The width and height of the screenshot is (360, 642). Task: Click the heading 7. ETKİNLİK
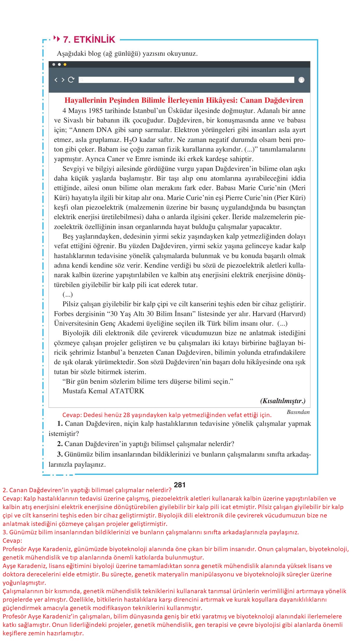pos(89,39)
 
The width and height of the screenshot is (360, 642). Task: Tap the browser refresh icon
pos(71,80)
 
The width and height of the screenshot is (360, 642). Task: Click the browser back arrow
pos(56,80)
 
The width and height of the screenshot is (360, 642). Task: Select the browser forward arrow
pos(63,80)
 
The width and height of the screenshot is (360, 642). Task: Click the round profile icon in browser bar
pos(301,80)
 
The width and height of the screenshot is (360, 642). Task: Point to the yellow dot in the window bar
pos(65,64)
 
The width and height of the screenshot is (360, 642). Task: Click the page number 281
pos(179,485)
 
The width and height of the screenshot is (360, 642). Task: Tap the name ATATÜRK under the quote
pos(127,391)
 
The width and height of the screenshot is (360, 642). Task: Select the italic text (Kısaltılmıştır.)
pos(283,401)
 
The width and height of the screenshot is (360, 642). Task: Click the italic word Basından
pos(298,412)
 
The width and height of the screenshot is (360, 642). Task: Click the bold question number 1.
pos(60,423)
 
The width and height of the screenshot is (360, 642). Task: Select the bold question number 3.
pos(60,454)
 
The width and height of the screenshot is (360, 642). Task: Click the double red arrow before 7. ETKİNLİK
pos(57,39)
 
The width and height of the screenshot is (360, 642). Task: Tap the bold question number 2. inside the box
pos(60,444)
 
